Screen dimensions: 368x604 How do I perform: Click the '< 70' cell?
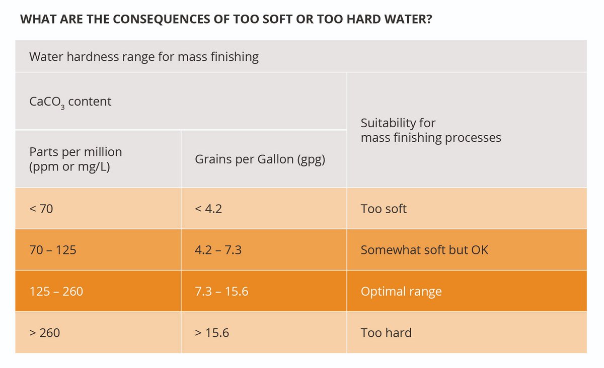tap(41, 209)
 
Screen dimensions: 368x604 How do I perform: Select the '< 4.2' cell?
tap(208, 209)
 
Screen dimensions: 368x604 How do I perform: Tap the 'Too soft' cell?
tap(384, 209)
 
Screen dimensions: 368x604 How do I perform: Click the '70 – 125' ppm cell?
tap(53, 250)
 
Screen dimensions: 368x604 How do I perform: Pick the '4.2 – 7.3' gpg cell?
tap(218, 250)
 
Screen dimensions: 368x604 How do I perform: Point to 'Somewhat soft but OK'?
tap(424, 250)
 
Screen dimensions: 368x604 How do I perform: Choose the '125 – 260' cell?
tap(56, 291)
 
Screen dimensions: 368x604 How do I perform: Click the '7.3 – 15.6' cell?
tap(221, 291)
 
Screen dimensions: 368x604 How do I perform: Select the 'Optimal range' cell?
tap(401, 291)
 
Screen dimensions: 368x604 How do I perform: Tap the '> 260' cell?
tap(45, 332)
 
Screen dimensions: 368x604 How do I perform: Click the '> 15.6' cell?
tap(212, 332)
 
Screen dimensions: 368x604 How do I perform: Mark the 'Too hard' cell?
tap(386, 332)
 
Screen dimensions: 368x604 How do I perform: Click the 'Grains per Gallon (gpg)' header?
tap(260, 159)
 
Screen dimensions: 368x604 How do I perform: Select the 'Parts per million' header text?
tap(75, 152)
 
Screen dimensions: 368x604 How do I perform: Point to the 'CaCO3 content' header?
tap(70, 102)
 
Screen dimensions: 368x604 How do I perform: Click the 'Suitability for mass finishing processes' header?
tap(430, 130)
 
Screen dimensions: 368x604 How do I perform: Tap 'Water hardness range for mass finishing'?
tap(144, 57)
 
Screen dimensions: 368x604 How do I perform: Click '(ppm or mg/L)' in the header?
tap(69, 166)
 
